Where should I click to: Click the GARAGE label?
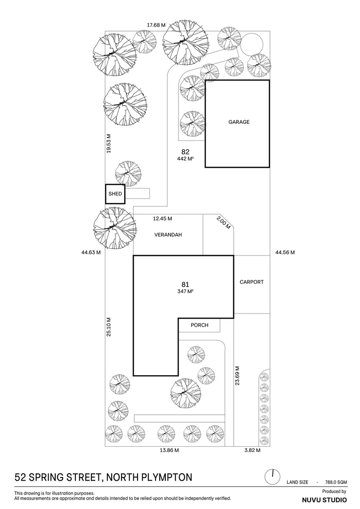239,122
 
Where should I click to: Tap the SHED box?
115,194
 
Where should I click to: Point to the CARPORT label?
252,282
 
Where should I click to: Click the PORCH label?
199,325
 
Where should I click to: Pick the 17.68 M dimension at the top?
156,25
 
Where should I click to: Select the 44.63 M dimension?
91,253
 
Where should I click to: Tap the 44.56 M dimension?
285,253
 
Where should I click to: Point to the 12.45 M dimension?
163,219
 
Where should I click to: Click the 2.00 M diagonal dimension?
224,222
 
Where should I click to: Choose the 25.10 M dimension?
109,326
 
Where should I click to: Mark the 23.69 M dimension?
237,376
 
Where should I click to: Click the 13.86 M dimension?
169,451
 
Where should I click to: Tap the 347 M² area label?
185,291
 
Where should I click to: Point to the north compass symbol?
272,476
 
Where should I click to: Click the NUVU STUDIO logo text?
324,500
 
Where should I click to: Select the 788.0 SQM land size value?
336,482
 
